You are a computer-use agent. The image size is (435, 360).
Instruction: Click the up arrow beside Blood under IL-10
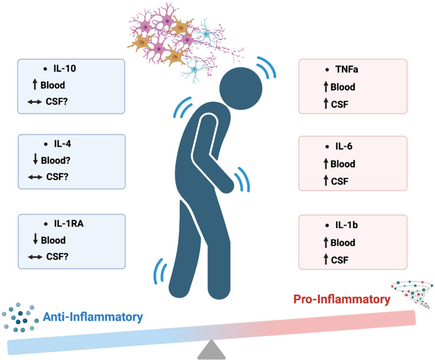(x=35, y=85)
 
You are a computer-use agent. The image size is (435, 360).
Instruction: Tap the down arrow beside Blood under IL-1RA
(x=35, y=240)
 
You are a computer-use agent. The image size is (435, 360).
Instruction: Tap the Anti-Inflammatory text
(x=92, y=317)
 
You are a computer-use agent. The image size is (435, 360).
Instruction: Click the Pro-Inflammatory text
(x=341, y=299)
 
